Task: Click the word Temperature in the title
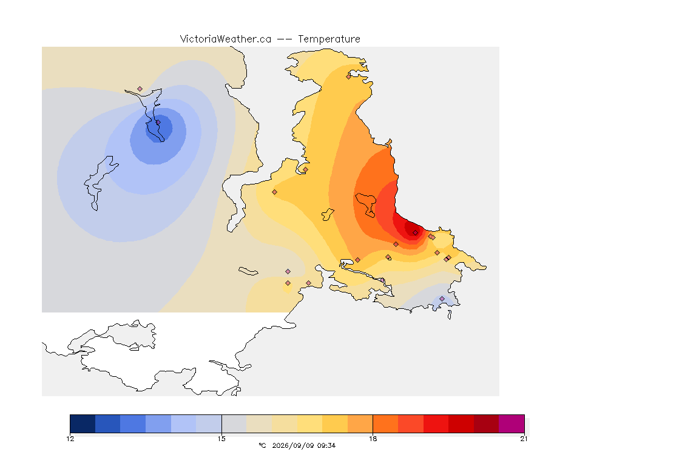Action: [x=329, y=39]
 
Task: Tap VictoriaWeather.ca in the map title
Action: [x=226, y=39]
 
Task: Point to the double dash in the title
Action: [x=285, y=39]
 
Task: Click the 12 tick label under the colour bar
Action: [x=70, y=439]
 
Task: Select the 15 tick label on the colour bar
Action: [x=221, y=439]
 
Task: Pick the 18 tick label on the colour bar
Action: [x=373, y=439]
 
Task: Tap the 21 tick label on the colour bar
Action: [x=524, y=439]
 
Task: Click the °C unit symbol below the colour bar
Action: [x=262, y=445]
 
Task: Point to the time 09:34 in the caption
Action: [x=326, y=445]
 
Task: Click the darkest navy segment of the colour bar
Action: [x=83, y=424]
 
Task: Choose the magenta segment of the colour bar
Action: [x=512, y=424]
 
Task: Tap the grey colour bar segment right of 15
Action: [x=234, y=424]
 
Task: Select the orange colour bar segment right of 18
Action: [x=386, y=424]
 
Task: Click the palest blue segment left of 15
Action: [x=209, y=424]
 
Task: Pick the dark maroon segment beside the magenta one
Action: [x=487, y=424]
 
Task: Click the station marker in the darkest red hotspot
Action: [x=416, y=233]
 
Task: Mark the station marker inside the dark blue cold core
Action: [x=158, y=122]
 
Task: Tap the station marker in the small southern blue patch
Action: [x=442, y=299]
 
